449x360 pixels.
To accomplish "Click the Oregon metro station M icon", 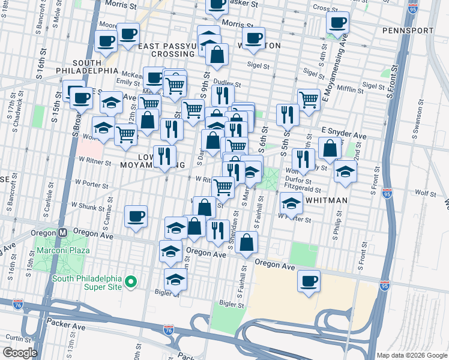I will coord(62,233).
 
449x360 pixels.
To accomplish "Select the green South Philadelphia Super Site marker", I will coord(134,281).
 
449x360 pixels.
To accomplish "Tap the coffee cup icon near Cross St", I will coord(338,23).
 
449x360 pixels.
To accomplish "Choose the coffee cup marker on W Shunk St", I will coord(136,216).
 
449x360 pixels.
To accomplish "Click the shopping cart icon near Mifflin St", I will coord(309,99).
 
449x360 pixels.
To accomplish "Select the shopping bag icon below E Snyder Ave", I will coord(330,148).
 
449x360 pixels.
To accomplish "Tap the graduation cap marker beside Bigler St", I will coord(175,280).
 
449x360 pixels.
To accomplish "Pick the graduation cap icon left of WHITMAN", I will coord(291,203).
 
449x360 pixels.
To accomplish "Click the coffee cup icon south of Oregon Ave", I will coord(310,281).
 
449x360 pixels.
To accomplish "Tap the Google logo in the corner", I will coord(19,353).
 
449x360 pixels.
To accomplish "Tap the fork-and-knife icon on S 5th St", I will coord(288,114).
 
